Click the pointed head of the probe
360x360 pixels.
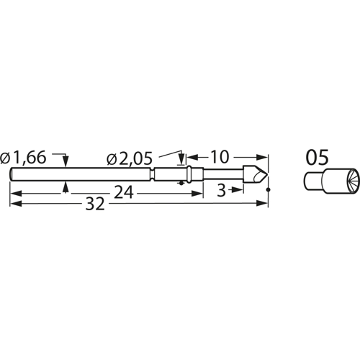[258, 175]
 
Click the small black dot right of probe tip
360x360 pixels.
[268, 190]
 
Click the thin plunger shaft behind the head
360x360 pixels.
[223, 175]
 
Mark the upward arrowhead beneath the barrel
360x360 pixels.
[66, 186]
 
